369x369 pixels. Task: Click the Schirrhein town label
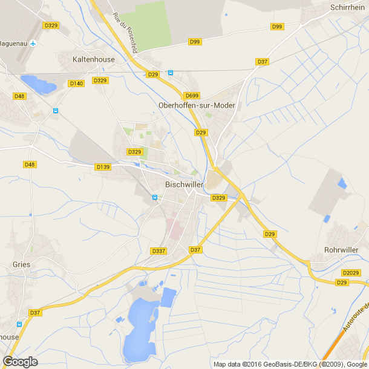coord(348,7)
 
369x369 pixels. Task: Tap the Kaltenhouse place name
coord(93,60)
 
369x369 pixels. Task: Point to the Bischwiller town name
coord(184,185)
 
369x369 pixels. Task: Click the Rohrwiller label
coord(342,249)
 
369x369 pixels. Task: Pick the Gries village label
coord(21,264)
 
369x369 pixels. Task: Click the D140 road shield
coord(76,83)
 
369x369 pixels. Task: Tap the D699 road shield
coord(192,96)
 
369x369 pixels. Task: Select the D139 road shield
coord(103,166)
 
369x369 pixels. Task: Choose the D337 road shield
coord(158,251)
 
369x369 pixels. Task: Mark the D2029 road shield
coord(350,273)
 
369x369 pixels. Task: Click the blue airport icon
coord(33,44)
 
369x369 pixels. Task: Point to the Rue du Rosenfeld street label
coord(125,34)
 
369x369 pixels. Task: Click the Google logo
coord(20,361)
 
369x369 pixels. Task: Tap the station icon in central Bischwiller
coord(154,197)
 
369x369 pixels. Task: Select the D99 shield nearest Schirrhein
coord(277,27)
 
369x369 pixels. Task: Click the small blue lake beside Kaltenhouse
coord(38,83)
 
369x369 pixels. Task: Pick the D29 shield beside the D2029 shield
coord(342,282)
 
